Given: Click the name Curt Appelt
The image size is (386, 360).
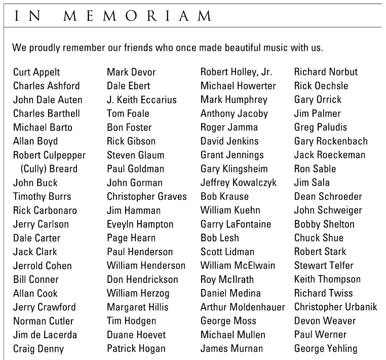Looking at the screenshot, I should tap(36, 72).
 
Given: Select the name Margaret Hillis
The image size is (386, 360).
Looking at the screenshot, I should tap(137, 307).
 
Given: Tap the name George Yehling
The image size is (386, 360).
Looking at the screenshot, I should tap(325, 348).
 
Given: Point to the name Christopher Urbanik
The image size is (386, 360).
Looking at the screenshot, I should tap(335, 307).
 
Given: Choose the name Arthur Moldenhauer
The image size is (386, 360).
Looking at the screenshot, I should tap(243, 307).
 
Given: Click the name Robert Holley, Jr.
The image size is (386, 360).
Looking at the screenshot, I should tap(236, 72).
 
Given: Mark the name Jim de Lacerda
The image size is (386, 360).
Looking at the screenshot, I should tap(45, 335).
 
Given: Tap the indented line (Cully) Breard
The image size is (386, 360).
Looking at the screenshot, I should tap(49, 169).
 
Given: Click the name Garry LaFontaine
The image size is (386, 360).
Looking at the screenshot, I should tap(236, 224).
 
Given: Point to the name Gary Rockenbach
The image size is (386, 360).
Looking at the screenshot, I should tap(331, 141).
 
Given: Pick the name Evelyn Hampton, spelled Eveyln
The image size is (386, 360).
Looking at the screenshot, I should tap(140, 224).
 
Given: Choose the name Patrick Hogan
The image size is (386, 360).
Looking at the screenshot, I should tap(136, 348).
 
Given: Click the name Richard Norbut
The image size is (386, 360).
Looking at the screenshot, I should tap(326, 72).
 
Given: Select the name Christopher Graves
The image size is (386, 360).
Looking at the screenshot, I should tap(146, 196).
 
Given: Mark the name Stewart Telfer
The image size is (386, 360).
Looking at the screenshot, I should tap(324, 265).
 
